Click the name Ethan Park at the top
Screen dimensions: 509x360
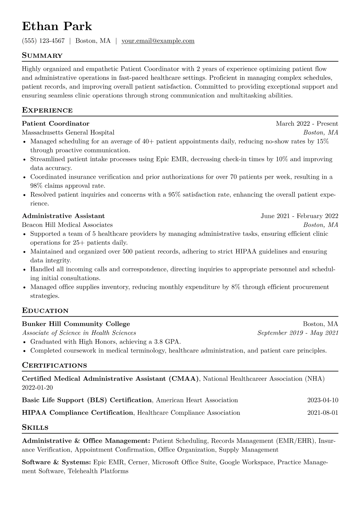[57, 26]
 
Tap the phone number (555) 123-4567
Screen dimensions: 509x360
[43, 41]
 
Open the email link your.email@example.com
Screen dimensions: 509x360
[158, 41]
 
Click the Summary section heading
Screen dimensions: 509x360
[42, 56]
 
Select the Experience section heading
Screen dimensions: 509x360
[47, 110]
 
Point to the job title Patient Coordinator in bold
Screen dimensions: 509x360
[56, 124]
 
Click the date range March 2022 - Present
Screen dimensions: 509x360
[307, 124]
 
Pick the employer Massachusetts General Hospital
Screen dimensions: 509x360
[68, 132]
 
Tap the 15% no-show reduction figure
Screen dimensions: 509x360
[322, 141]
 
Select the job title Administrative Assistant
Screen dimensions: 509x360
[63, 216]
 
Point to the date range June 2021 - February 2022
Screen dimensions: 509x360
[299, 216]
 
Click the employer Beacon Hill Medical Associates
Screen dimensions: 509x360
[67, 225]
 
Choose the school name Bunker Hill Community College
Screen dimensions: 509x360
[76, 324]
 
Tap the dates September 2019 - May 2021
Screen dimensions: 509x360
[298, 333]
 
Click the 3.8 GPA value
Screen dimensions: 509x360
[166, 342]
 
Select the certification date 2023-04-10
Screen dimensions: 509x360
[322, 400]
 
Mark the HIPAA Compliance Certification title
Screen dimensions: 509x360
[77, 413]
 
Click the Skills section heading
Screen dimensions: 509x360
[35, 428]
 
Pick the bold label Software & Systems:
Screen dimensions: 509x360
[56, 462]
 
